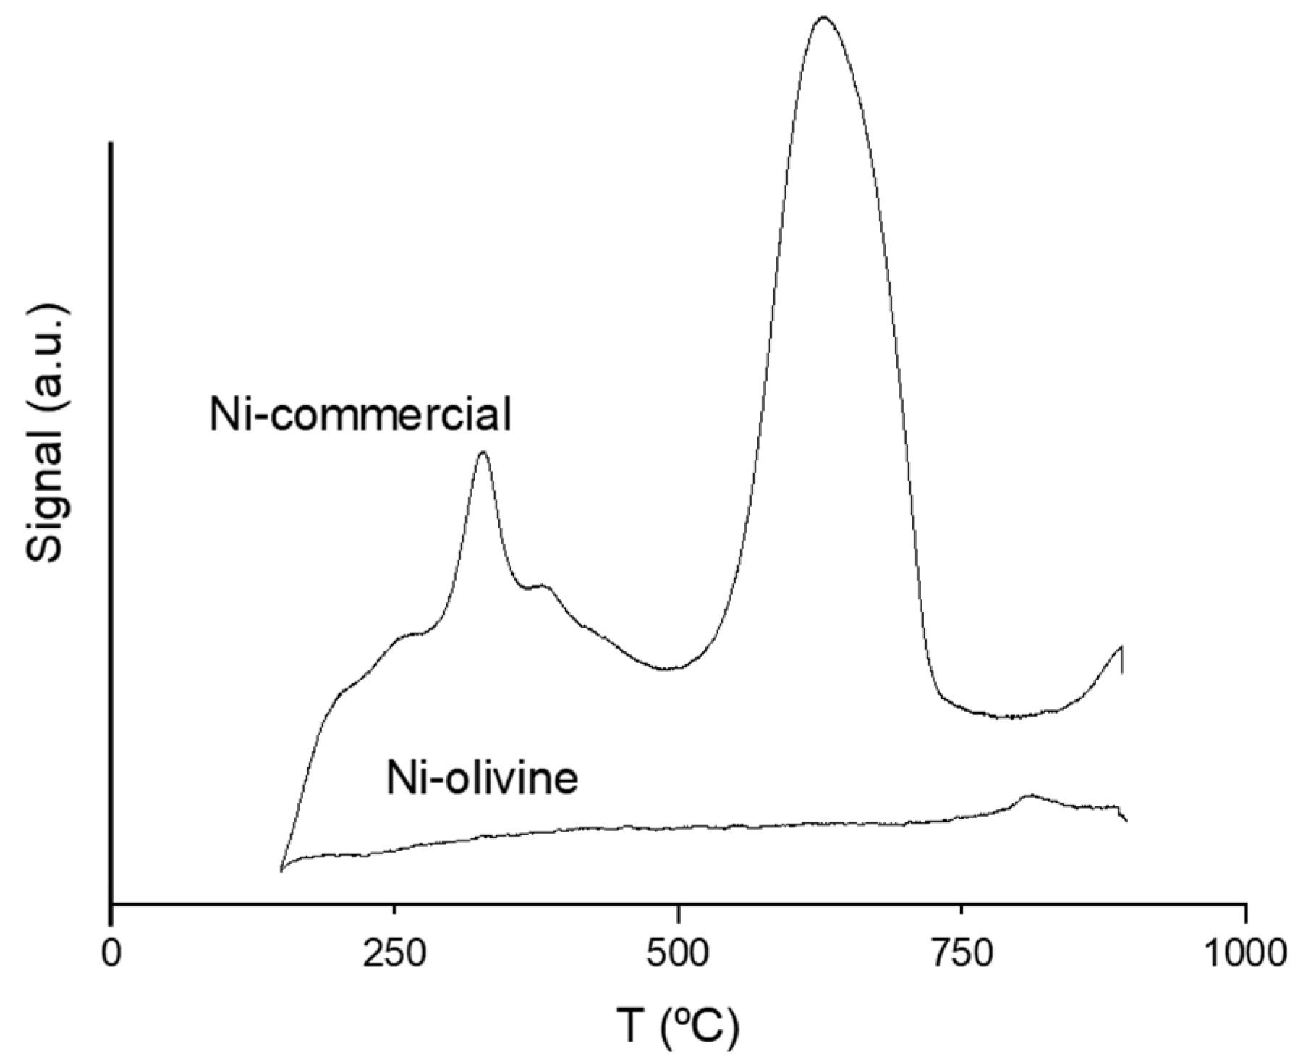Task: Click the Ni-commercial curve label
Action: click(360, 415)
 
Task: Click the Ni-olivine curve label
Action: click(482, 779)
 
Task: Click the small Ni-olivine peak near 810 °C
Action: click(1029, 795)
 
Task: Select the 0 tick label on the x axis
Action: click(111, 954)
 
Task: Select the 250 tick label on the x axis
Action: click(394, 954)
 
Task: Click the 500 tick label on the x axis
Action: click(677, 954)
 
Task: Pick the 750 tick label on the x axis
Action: click(961, 954)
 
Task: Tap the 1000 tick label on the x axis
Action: click(1244, 954)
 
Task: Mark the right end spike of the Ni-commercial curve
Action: click(1121, 646)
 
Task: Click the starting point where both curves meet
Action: click(281, 870)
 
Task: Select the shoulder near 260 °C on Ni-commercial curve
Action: click(409, 635)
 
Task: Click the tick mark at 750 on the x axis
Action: click(961, 911)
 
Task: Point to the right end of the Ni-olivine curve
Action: click(1126, 821)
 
